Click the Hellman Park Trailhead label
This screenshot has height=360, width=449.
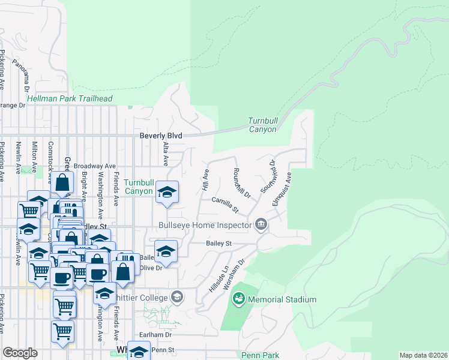point(70,98)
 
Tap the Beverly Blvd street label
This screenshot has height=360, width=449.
point(160,136)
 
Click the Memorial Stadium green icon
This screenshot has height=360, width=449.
point(238,298)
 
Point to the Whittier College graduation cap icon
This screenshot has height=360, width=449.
point(177,296)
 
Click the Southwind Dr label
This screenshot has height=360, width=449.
point(268,176)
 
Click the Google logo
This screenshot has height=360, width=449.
point(20,353)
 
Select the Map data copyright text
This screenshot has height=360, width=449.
point(423,355)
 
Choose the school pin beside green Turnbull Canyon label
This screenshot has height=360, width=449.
point(167,192)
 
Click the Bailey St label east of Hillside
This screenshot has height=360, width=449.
point(218,243)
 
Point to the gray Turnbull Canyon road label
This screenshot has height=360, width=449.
point(263,124)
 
